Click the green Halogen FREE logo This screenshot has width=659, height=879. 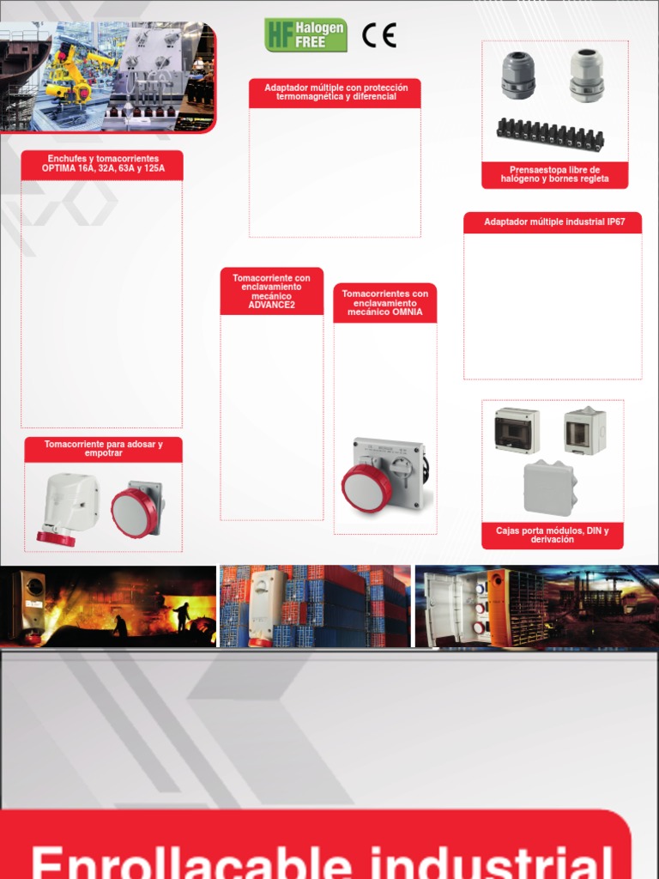305,34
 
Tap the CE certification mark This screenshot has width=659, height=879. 378,34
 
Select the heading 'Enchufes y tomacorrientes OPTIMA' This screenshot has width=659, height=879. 102,164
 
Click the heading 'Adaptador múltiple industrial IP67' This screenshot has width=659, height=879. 553,222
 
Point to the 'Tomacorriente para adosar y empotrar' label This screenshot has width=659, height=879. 103,449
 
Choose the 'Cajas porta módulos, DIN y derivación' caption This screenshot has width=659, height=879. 553,535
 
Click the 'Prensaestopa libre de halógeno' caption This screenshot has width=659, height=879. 554,174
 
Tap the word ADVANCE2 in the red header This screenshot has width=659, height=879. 271,305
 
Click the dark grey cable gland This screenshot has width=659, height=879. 518,75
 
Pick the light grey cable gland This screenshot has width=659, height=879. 587,75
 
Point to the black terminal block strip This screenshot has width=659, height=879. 550,134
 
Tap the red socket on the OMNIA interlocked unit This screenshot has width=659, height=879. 366,488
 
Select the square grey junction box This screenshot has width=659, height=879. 549,488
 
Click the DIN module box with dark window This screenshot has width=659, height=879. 517,430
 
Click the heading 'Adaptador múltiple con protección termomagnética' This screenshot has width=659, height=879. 335,92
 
